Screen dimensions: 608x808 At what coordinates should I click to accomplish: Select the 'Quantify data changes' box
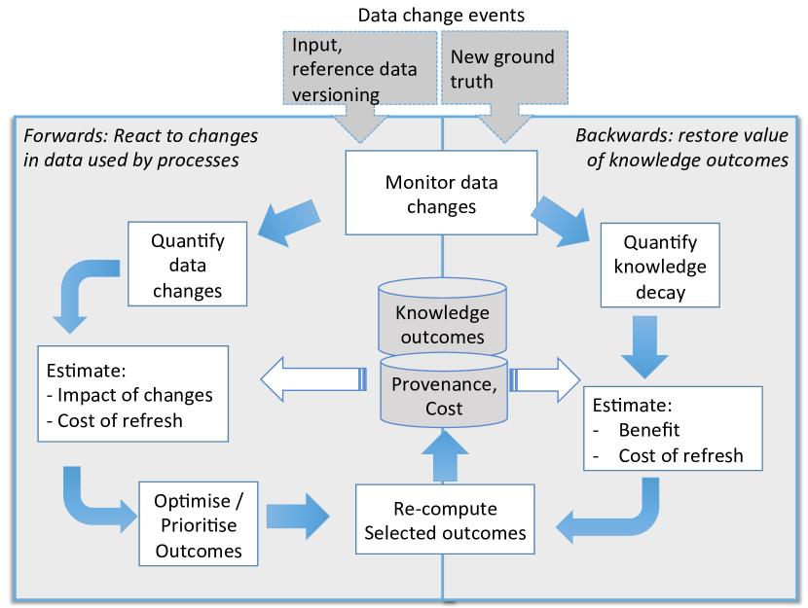click(x=188, y=265)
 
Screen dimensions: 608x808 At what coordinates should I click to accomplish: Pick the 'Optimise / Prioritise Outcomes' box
click(x=199, y=524)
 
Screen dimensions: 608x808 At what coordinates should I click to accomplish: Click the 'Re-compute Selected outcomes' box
click(x=445, y=520)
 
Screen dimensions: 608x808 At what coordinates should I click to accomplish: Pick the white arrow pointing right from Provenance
click(x=546, y=377)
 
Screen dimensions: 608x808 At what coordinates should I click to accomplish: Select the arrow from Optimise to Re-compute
click(x=298, y=517)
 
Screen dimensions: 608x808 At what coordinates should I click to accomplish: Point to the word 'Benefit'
click(x=649, y=430)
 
